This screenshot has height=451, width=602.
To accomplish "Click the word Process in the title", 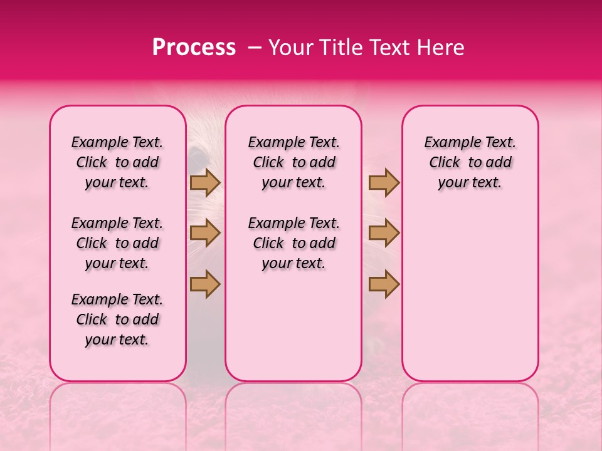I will coord(194,48).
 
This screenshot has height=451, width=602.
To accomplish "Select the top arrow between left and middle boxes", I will coord(205,183).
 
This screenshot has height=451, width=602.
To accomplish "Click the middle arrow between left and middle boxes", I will coord(205,233).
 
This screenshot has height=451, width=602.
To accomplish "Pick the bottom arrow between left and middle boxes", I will coord(205,283).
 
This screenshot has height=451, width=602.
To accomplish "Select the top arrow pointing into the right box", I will coord(384,183).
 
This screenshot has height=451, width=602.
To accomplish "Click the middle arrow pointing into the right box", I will coord(384,233).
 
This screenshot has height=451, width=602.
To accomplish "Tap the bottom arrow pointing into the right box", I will coord(384,283).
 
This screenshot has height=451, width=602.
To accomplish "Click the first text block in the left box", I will coord(117,162).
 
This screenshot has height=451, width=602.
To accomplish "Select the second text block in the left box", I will coord(117,243).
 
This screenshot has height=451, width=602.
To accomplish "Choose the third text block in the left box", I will coord(117,319).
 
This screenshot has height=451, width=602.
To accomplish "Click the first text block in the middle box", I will coord(294,162).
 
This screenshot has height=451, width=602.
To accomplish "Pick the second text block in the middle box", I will coord(294,243).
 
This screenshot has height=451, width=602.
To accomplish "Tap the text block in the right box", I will coord(470,162).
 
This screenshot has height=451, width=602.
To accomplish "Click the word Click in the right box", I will coord(445,163).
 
